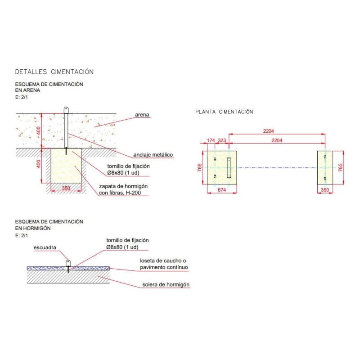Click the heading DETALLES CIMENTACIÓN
click(54, 72)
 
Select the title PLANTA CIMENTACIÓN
click(224, 112)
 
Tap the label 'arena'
click(142, 115)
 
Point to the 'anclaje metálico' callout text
click(153, 155)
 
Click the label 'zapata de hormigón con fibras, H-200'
click(123, 189)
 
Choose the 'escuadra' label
click(45, 247)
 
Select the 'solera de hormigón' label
click(166, 285)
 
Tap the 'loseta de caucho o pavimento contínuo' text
click(164, 264)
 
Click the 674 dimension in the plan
click(222, 190)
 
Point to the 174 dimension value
click(211, 140)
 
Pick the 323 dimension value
click(222, 140)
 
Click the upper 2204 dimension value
click(268, 131)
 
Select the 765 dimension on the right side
click(340, 167)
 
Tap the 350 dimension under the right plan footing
click(325, 190)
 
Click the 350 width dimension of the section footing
click(66, 188)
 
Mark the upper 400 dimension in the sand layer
click(38, 130)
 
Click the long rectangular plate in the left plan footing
click(229, 167)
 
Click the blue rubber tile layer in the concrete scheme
click(68, 268)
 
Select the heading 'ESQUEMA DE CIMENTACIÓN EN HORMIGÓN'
click(49, 225)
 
